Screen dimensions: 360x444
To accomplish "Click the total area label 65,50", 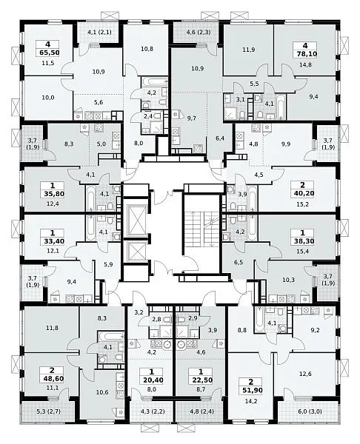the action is point(47,53).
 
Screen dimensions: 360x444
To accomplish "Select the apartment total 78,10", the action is point(305,54).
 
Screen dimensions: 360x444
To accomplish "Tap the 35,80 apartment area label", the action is point(52,194).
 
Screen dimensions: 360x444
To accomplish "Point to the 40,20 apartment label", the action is point(302,193).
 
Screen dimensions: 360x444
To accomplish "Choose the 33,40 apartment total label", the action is point(52,241).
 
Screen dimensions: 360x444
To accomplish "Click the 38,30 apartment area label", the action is point(302,241).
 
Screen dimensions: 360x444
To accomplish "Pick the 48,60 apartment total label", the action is point(52,379).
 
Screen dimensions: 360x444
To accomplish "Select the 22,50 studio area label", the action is point(201,380).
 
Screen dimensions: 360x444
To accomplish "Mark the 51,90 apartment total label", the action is point(250,390).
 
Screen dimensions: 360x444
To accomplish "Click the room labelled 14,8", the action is point(305,64).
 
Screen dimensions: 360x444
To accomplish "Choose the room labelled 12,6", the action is point(305,374).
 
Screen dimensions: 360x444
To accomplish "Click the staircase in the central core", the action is point(201,229).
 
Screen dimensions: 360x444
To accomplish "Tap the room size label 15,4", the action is point(302,251).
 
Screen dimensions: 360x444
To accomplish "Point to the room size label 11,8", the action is point(52,328).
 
